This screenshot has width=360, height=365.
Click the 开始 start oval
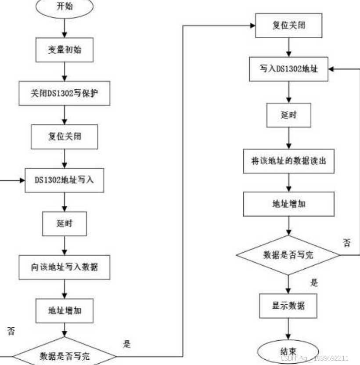tap(65, 7)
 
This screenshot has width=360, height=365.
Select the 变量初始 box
tap(65, 50)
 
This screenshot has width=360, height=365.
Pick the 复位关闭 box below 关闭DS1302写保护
tap(65, 136)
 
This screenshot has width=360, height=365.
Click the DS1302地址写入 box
tap(65, 180)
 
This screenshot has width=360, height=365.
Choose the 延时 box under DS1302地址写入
tap(65, 224)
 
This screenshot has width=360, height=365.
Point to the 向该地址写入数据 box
tap(65, 267)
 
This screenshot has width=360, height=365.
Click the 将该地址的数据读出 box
tap(288, 161)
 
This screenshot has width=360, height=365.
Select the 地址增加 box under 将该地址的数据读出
tap(288, 204)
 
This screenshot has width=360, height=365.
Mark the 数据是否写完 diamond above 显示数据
tap(288, 255)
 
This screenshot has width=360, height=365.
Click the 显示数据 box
tap(288, 306)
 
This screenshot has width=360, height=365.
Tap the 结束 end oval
tap(288, 351)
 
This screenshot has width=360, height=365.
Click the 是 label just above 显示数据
tap(314, 283)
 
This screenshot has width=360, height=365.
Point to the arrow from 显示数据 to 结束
tap(288, 329)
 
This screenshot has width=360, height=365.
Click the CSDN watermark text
tap(314, 358)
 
